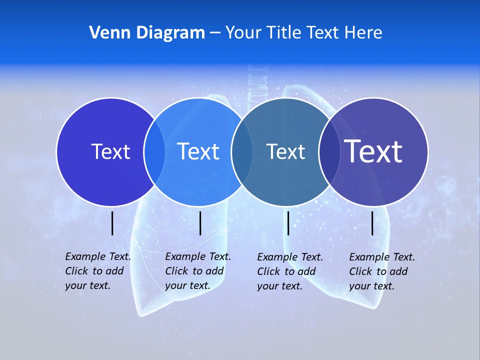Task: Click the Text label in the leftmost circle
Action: point(110,151)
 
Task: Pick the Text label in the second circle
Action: point(198,151)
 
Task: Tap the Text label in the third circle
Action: point(285,151)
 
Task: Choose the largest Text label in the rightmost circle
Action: point(373,151)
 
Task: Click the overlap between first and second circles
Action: point(154,151)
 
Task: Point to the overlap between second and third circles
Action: point(242,151)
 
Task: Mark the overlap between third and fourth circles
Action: point(329,151)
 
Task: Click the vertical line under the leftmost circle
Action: point(112,223)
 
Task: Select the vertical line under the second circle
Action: point(200,223)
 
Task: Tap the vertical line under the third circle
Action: point(288,223)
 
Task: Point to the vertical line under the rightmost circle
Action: point(372,223)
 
